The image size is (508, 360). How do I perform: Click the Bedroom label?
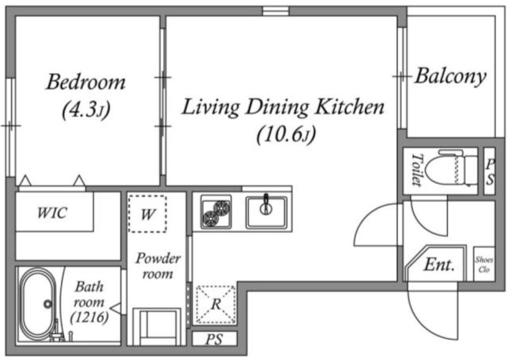[x=86, y=82]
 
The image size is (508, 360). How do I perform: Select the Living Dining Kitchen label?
[x=283, y=107]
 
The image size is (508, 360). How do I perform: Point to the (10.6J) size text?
[x=286, y=134]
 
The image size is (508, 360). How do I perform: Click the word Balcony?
[x=451, y=77]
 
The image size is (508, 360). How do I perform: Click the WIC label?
[x=52, y=213]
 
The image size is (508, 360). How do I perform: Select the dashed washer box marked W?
[x=147, y=214]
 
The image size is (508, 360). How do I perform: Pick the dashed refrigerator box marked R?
[x=216, y=304]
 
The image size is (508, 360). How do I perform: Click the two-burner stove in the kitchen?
[x=216, y=212]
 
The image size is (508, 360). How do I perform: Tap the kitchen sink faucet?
[x=266, y=205]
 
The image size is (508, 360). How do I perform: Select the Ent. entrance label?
[x=439, y=265]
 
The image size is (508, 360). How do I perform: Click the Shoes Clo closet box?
[x=484, y=264]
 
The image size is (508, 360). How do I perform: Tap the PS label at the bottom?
[x=214, y=339]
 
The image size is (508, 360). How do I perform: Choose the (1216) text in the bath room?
[x=89, y=317]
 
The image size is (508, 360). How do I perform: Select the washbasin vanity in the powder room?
[x=157, y=327]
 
